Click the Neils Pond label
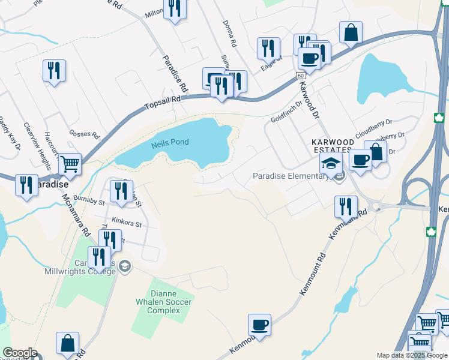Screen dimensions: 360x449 pyautogui.click(x=170, y=142)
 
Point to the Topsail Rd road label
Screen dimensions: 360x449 pyautogui.click(x=162, y=104)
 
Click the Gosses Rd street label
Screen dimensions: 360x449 pyautogui.click(x=83, y=134)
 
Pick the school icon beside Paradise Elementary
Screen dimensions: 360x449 pyautogui.click(x=330, y=162)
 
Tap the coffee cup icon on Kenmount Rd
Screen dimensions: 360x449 pyautogui.click(x=259, y=325)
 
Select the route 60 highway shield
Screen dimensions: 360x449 pyautogui.click(x=300, y=76)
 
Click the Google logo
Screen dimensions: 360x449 pyautogui.click(x=20, y=353)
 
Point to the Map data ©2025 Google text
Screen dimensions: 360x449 pyautogui.click(x=412, y=355)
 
